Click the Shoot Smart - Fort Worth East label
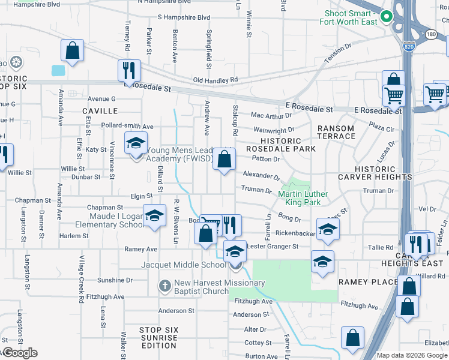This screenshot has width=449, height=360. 352,17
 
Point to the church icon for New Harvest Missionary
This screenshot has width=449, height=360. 164,286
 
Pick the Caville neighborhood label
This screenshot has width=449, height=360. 100,111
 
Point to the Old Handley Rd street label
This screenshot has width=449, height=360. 215,80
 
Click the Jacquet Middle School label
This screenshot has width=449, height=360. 184,265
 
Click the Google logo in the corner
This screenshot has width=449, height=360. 19,353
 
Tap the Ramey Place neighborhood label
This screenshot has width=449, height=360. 368,282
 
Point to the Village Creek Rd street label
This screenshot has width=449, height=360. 82,279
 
